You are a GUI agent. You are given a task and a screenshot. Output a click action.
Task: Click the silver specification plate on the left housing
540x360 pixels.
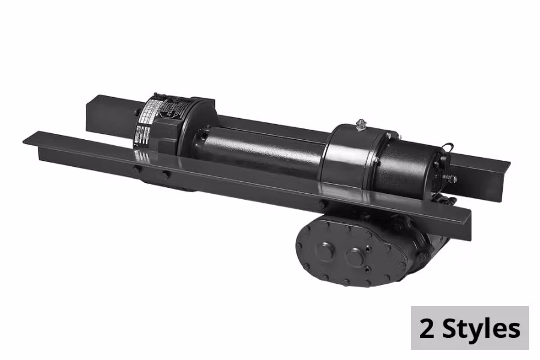(x=150, y=120)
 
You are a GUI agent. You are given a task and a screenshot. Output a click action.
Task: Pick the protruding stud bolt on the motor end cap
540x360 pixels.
(x=450, y=179)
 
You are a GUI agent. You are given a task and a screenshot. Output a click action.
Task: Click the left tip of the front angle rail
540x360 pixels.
(x=27, y=140)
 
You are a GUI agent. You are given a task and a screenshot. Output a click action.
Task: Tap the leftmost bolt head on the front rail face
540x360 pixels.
(x=137, y=170)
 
